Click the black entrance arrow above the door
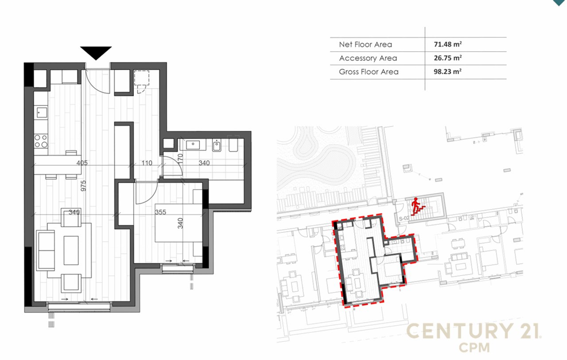(96, 52)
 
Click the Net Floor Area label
(365, 44)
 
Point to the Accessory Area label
(368, 58)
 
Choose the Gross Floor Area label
(369, 72)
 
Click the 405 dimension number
(82, 163)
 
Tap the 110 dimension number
(147, 163)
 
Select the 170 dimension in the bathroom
(180, 158)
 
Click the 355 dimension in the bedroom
(160, 212)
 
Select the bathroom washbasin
(193, 145)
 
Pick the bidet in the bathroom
(217, 145)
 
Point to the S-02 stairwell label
(403, 219)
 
